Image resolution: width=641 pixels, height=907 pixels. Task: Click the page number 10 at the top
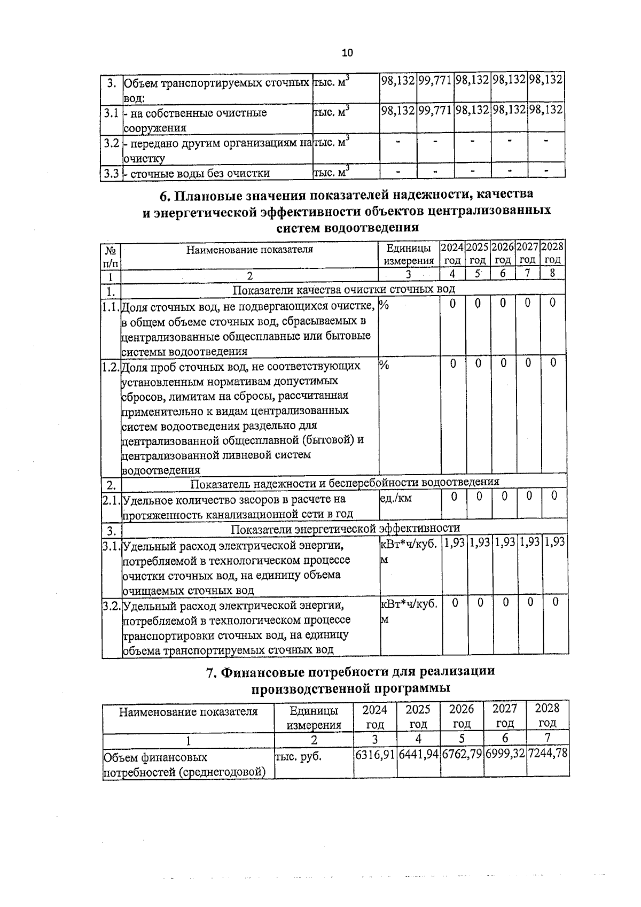tap(347, 53)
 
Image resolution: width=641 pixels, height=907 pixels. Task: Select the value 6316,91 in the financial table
tap(375, 756)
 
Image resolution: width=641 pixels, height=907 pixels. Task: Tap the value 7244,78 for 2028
tap(548, 756)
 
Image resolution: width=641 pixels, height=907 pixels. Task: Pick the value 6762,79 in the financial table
tap(462, 756)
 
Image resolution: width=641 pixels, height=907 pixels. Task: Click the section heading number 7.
tap(212, 672)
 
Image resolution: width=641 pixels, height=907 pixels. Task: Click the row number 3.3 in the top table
tap(111, 173)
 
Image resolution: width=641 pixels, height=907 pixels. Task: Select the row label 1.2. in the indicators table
tap(111, 367)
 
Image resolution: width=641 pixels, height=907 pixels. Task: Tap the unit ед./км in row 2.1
tap(396, 498)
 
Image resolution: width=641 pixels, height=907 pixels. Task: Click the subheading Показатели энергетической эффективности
tap(345, 529)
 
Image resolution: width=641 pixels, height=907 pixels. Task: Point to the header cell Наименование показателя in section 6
tap(249, 249)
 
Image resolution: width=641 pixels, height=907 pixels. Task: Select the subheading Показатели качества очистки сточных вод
tap(344, 289)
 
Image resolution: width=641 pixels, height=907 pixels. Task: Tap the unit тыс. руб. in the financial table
tap(298, 757)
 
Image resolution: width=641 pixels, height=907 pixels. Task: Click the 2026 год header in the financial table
tap(462, 716)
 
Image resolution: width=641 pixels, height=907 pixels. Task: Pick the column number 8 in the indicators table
tap(552, 274)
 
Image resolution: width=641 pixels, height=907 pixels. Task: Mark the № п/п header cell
tap(111, 256)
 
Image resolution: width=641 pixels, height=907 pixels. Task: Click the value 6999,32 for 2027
tap(505, 756)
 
